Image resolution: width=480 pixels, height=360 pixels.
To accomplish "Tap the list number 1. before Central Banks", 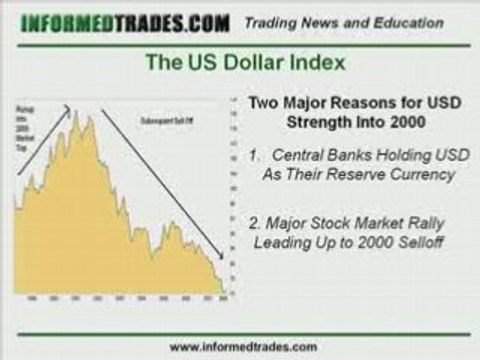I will [x=257, y=156].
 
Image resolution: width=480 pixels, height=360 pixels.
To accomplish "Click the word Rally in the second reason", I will [x=427, y=222].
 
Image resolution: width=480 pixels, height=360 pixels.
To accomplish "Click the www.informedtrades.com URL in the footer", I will [x=241, y=347].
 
